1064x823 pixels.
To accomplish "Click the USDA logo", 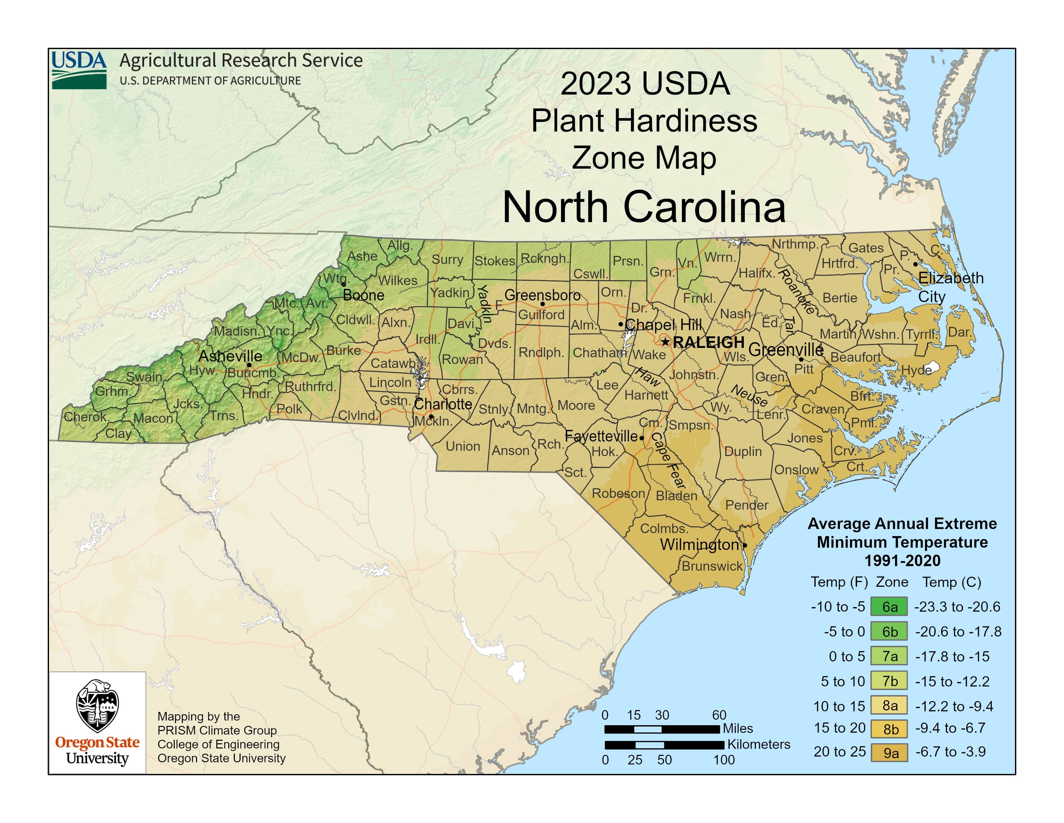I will pyautogui.click(x=79, y=70).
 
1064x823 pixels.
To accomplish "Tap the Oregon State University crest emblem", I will pyautogui.click(x=97, y=706).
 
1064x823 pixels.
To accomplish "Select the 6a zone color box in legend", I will pyautogui.click(x=889, y=606).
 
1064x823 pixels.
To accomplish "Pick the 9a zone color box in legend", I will pyautogui.click(x=889, y=752).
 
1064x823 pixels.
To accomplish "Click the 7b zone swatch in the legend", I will pyautogui.click(x=889, y=681).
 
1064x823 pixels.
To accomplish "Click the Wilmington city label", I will pyautogui.click(x=699, y=544).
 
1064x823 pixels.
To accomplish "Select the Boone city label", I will pyautogui.click(x=363, y=295).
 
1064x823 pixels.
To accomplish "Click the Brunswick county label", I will pyautogui.click(x=712, y=566).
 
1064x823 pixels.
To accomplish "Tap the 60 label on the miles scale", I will pyautogui.click(x=719, y=715).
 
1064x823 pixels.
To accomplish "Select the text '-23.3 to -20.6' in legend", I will pyautogui.click(x=957, y=606).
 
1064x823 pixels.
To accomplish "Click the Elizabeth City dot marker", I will pyautogui.click(x=915, y=264).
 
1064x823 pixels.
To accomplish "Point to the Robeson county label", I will pyautogui.click(x=618, y=493).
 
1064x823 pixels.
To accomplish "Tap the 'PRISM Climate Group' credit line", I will pyautogui.click(x=217, y=730).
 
